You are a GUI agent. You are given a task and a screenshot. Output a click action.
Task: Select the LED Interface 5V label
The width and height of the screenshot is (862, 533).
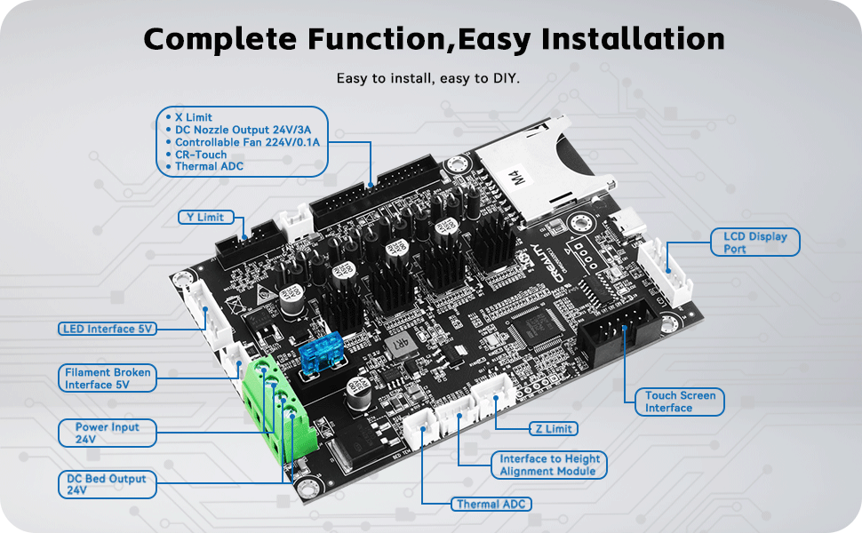tap(108, 329)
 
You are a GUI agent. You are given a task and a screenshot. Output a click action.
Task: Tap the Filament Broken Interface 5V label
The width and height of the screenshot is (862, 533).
tap(108, 378)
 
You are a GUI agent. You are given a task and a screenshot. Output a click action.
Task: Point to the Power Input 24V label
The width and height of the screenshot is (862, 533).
tap(107, 433)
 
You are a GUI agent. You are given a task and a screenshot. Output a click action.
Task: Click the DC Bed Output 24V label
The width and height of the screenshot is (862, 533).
tap(107, 484)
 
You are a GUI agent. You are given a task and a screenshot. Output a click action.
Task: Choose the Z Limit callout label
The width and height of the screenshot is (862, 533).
tap(552, 428)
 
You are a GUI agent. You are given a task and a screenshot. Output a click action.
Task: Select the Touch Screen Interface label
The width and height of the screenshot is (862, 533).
tap(680, 402)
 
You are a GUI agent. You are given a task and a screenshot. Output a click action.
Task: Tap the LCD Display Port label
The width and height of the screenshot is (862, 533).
tap(754, 243)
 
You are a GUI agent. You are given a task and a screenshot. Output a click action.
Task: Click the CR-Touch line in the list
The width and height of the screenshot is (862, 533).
tap(201, 155)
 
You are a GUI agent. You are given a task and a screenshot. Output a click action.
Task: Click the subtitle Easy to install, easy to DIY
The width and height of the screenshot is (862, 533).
tap(428, 78)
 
